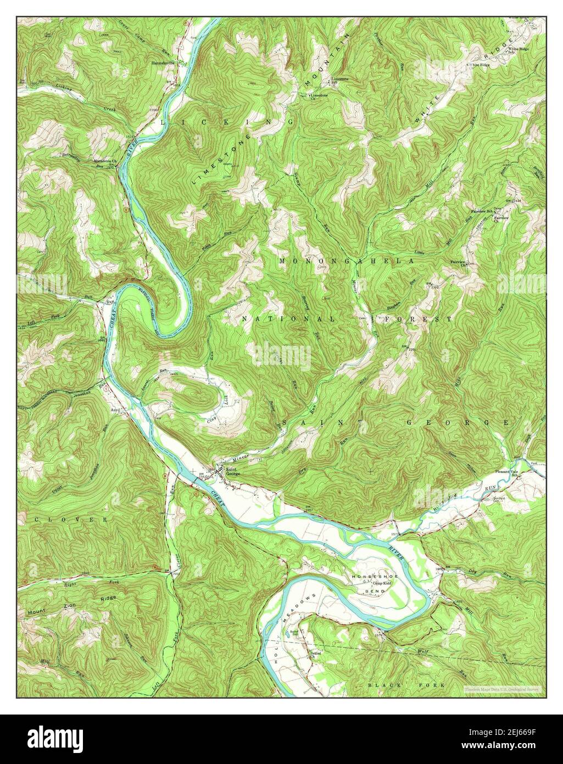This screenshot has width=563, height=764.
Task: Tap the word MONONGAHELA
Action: (x=345, y=261)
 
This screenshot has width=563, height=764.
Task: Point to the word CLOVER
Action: (x=63, y=519)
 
